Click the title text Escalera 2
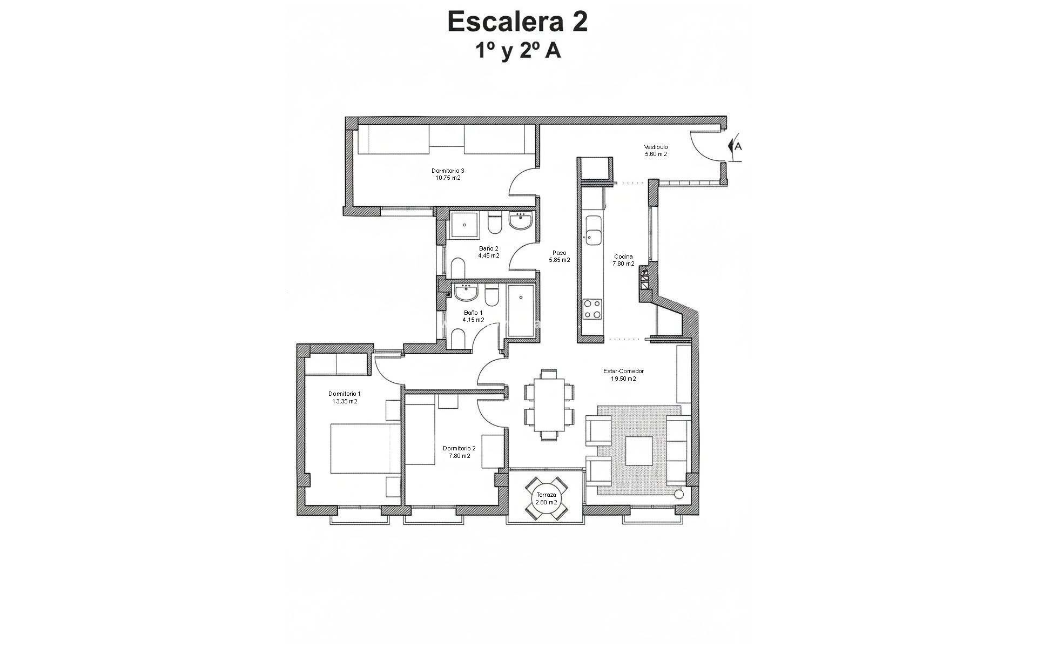(x=517, y=22)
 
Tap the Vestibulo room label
(x=656, y=147)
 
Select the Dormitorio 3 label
(x=448, y=171)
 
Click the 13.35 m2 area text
(x=345, y=401)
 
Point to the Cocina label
(x=623, y=256)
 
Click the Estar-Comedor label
(x=623, y=371)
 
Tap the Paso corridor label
(x=560, y=253)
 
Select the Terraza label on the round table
(x=546, y=495)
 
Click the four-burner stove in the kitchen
(x=592, y=309)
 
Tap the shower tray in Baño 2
(x=464, y=225)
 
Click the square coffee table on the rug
(x=639, y=450)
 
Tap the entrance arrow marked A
(x=735, y=146)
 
